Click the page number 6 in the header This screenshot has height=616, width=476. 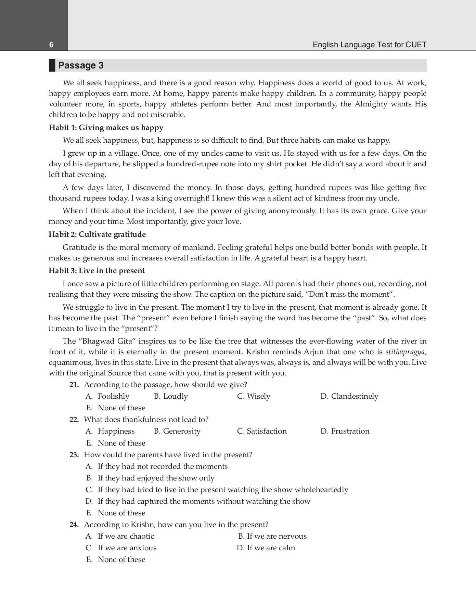(51, 45)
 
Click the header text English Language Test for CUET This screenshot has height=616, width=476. (370, 45)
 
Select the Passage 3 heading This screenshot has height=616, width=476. (81, 65)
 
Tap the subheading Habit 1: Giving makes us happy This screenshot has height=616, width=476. (106, 128)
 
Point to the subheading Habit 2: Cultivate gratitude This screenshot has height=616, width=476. (97, 234)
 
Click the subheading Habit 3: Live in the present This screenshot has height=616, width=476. (97, 271)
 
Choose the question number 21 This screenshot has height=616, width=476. (74, 385)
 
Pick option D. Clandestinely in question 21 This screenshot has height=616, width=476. (349, 396)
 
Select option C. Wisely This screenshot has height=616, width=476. (254, 396)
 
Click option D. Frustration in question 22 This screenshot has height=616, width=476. (345, 431)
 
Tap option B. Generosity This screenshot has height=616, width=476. (177, 431)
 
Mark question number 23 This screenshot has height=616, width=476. (74, 455)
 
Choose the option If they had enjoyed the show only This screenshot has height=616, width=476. (156, 478)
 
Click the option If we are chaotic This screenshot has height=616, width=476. (126, 536)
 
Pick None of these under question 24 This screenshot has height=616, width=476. (121, 560)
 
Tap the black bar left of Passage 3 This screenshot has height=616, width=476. (52, 65)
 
